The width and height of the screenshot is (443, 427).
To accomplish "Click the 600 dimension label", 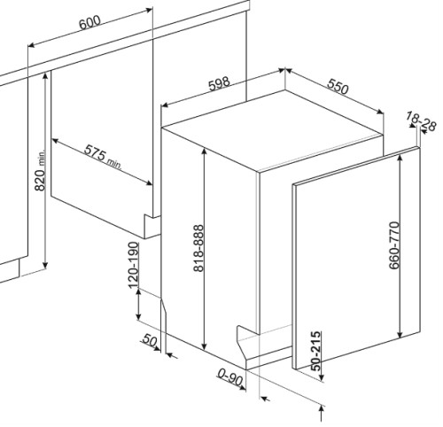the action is click(89, 22).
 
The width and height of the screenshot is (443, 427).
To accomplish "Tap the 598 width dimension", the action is click(219, 83).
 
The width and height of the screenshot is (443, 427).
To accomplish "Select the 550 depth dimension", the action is click(338, 87).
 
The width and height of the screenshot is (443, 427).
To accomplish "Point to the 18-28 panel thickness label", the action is click(421, 121).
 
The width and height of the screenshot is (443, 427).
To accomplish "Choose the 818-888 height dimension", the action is click(198, 248).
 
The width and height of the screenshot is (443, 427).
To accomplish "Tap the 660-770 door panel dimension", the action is click(394, 245).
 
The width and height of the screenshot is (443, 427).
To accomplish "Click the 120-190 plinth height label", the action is click(133, 265).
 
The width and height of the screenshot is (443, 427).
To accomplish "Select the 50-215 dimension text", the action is click(316, 351).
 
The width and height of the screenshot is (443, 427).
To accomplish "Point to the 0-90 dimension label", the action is click(230, 377).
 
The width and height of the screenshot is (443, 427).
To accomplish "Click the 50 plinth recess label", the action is click(149, 340).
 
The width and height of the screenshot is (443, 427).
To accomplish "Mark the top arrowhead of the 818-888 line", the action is click(205, 151).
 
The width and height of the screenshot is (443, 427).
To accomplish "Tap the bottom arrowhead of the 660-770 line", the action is click(400, 334).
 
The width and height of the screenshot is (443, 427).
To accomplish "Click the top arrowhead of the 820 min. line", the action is click(45, 76).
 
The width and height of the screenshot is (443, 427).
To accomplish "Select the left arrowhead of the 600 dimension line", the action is click(32, 45).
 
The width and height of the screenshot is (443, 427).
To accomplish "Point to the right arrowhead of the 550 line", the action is click(380, 112).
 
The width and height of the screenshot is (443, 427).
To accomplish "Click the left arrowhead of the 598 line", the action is click(166, 105).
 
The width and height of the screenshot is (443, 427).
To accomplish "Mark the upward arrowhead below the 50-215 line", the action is click(322, 410).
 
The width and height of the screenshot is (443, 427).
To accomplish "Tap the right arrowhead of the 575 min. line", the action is click(149, 183).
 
